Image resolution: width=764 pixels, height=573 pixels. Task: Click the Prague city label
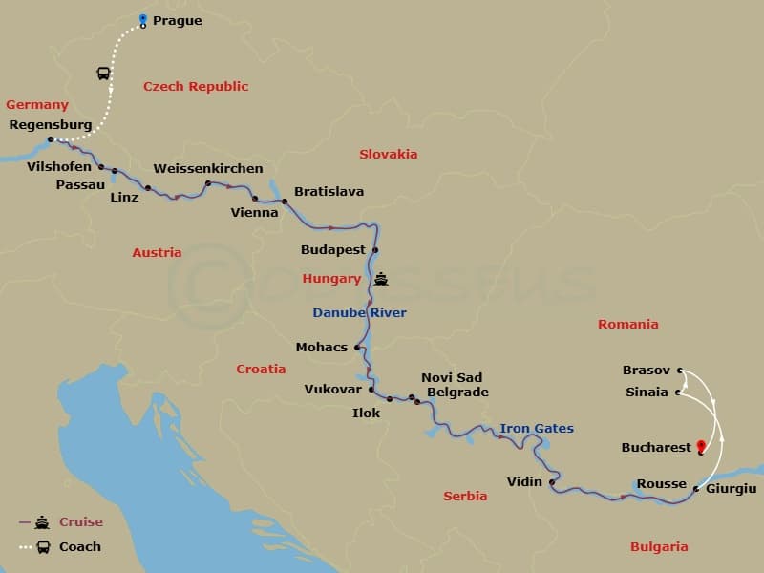pyautogui.click(x=178, y=21)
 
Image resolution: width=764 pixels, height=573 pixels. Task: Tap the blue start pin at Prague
pyautogui.click(x=143, y=19)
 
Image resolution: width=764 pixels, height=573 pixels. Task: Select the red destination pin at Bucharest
pyautogui.click(x=702, y=446)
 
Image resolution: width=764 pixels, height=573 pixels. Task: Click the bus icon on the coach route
pyautogui.click(x=103, y=74)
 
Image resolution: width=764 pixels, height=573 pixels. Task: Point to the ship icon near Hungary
pyautogui.click(x=382, y=280)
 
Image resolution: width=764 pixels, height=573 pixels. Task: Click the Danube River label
pyautogui.click(x=359, y=313)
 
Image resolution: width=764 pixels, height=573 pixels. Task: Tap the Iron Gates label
pyautogui.click(x=537, y=429)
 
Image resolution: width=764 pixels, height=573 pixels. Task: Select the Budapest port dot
pyautogui.click(x=375, y=250)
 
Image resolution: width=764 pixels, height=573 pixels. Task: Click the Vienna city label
pyautogui.click(x=255, y=213)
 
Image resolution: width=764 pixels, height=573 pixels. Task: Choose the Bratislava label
pyautogui.click(x=329, y=192)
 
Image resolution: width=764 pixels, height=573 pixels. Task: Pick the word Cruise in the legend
pyautogui.click(x=81, y=522)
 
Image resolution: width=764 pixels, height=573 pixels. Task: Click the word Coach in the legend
pyautogui.click(x=79, y=547)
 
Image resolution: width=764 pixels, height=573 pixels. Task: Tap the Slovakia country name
pyautogui.click(x=388, y=154)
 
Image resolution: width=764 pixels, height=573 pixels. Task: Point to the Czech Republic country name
pyautogui.click(x=196, y=87)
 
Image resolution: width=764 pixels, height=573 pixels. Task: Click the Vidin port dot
pyautogui.click(x=552, y=482)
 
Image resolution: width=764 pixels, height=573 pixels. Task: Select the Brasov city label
pyautogui.click(x=647, y=370)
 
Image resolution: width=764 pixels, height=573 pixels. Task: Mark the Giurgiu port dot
pyautogui.click(x=695, y=489)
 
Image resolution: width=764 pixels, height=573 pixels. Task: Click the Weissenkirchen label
pyautogui.click(x=208, y=169)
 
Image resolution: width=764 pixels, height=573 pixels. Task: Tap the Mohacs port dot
pyautogui.click(x=357, y=348)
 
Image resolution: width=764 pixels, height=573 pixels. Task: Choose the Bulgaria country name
pyautogui.click(x=659, y=547)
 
